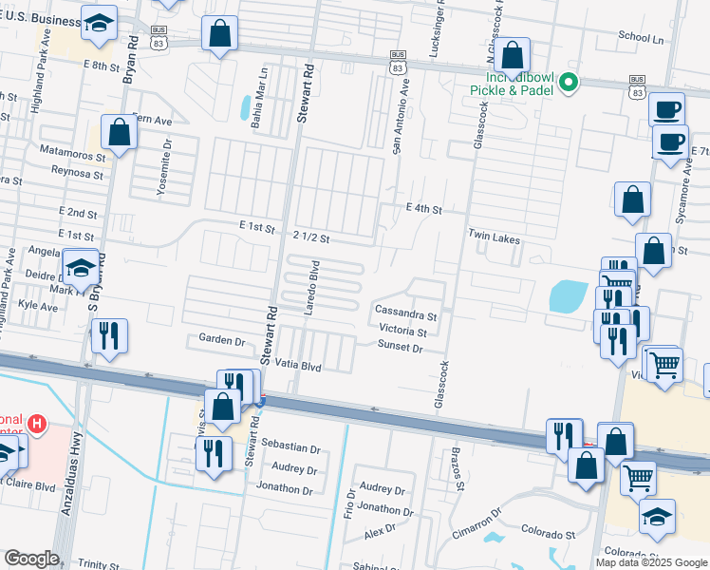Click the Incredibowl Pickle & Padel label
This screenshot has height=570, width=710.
[511, 83]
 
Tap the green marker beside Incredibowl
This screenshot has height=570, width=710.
[569, 83]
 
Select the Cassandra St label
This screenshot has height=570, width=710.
[405, 311]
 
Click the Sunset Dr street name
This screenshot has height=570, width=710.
[401, 349]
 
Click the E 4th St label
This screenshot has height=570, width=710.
[423, 208]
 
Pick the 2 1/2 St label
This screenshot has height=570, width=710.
[311, 237]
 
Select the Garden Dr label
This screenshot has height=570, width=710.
[222, 339]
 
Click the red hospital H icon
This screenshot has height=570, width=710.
[37, 423]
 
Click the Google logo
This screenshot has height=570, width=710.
[31, 559]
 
